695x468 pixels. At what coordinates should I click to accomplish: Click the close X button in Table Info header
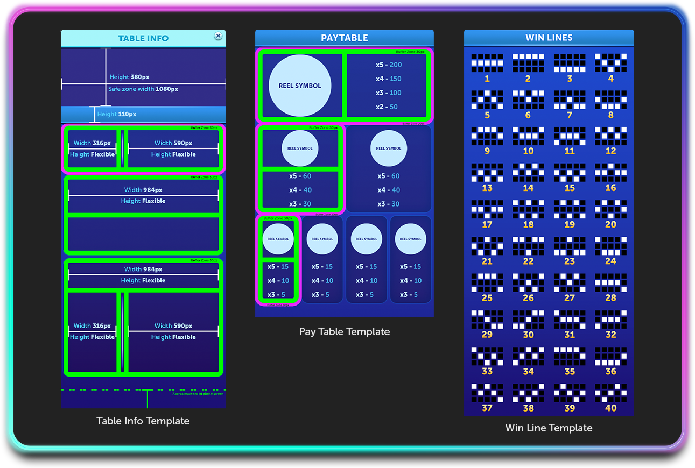[218, 36]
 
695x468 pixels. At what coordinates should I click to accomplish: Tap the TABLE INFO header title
[143, 38]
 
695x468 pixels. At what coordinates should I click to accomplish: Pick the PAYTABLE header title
[345, 38]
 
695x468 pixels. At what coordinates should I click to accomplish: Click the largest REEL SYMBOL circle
[300, 86]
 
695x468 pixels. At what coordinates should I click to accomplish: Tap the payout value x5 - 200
[389, 65]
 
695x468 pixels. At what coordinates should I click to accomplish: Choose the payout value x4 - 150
[389, 79]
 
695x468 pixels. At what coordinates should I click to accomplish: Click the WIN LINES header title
[549, 38]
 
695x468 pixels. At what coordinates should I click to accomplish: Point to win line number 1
[487, 79]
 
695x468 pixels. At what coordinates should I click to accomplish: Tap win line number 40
[610, 408]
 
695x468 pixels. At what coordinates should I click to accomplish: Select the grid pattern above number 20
[610, 210]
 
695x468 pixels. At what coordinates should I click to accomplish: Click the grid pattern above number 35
[570, 356]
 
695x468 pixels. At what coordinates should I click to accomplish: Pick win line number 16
[610, 188]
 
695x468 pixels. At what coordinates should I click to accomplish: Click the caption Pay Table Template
[345, 331]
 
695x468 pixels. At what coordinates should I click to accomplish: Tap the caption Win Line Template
[549, 428]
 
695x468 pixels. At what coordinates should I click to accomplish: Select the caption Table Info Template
[143, 421]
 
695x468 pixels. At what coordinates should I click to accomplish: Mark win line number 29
[487, 335]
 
